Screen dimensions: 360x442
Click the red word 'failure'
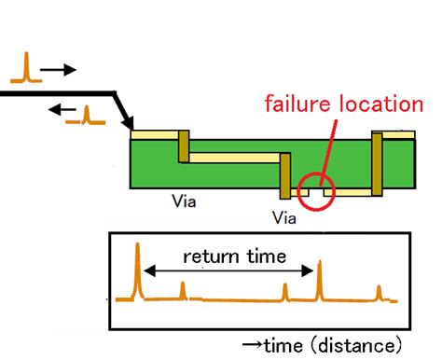(x=297, y=103)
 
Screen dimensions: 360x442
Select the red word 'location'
(x=380, y=103)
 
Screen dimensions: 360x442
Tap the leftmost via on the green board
(x=184, y=146)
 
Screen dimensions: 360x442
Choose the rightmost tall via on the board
(x=378, y=164)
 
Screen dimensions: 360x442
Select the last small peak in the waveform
(x=379, y=293)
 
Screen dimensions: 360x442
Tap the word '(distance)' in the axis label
(x=359, y=344)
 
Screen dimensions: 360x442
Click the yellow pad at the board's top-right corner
(x=400, y=135)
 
